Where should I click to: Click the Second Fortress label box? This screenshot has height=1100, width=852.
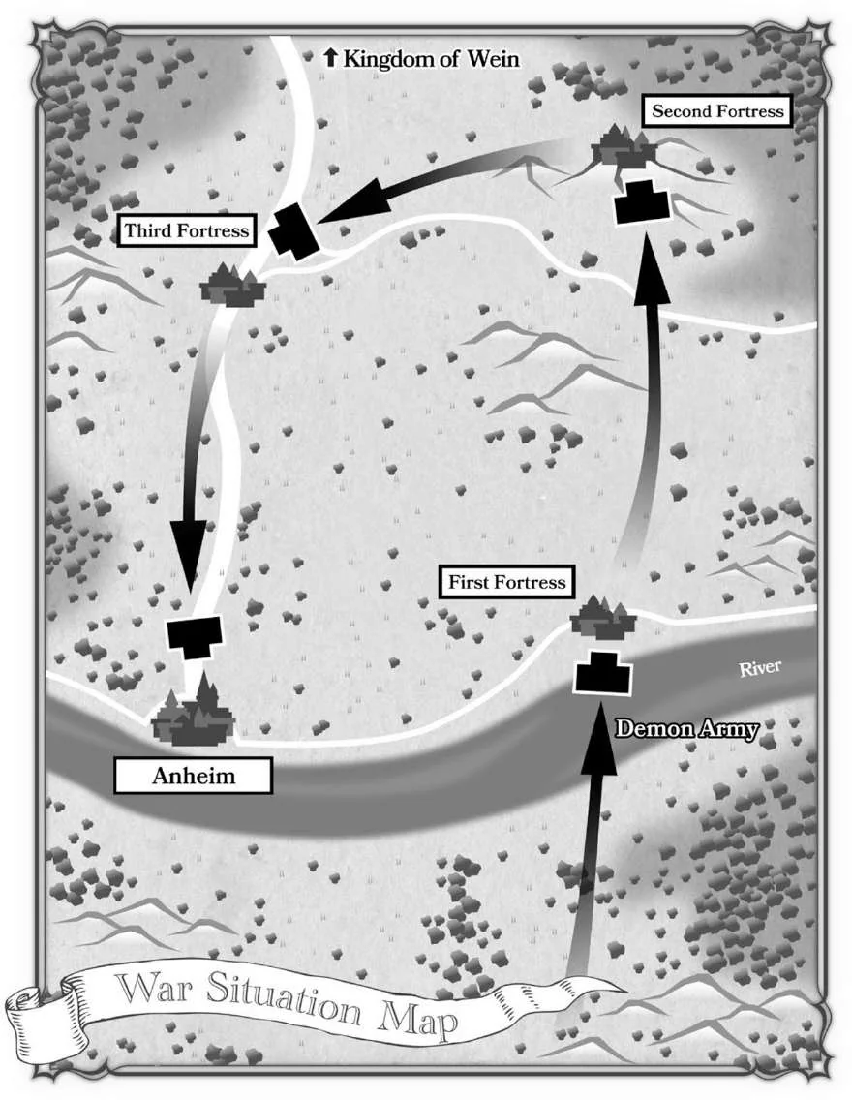coord(716,110)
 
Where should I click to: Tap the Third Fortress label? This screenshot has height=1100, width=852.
coord(186,230)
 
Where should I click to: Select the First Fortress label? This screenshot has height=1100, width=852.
coord(506,582)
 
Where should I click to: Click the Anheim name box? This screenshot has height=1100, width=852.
coord(193,776)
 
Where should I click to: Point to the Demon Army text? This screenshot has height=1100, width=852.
coord(686,729)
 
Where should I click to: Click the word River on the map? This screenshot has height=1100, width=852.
coord(760,668)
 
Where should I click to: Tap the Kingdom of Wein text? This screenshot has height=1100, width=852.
coord(431,58)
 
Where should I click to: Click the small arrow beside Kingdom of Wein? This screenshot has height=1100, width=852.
coord(330,57)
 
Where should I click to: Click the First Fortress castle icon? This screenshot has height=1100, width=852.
coord(602,618)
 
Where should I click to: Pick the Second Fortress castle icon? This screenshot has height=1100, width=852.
coord(624,146)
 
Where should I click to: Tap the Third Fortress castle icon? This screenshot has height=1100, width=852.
coord(232,285)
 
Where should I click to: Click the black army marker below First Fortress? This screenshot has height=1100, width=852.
coord(602,673)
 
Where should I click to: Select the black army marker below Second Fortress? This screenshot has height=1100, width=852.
coord(642,202)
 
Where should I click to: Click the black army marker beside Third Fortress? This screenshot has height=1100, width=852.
coord(293,230)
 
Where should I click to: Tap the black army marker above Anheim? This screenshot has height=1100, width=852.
coord(195,636)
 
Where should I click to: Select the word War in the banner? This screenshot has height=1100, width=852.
coord(155,988)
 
